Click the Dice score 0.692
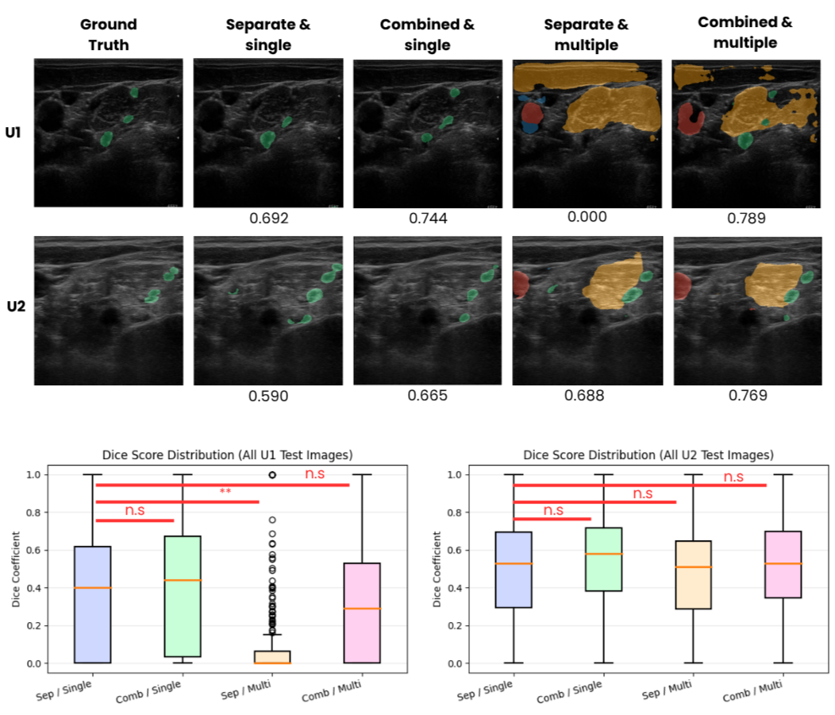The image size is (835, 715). (x=267, y=218)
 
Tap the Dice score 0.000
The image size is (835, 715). (x=587, y=217)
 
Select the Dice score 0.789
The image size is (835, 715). (x=746, y=218)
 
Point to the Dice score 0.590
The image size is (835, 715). (x=267, y=396)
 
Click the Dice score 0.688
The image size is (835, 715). (x=587, y=395)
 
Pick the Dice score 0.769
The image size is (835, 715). (x=746, y=395)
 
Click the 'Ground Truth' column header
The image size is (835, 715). (x=108, y=34)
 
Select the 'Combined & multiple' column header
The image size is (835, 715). (x=745, y=32)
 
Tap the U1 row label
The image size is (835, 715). (x=13, y=133)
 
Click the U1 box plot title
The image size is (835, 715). (x=228, y=455)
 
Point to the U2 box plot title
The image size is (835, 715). (x=648, y=455)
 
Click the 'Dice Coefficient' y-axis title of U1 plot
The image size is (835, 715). (x=17, y=569)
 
